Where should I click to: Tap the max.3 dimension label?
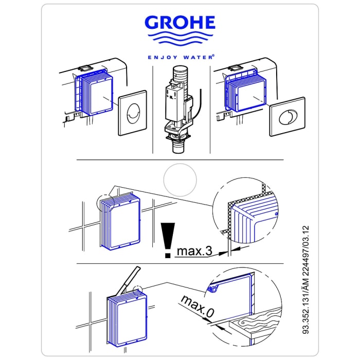(x=195, y=251)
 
